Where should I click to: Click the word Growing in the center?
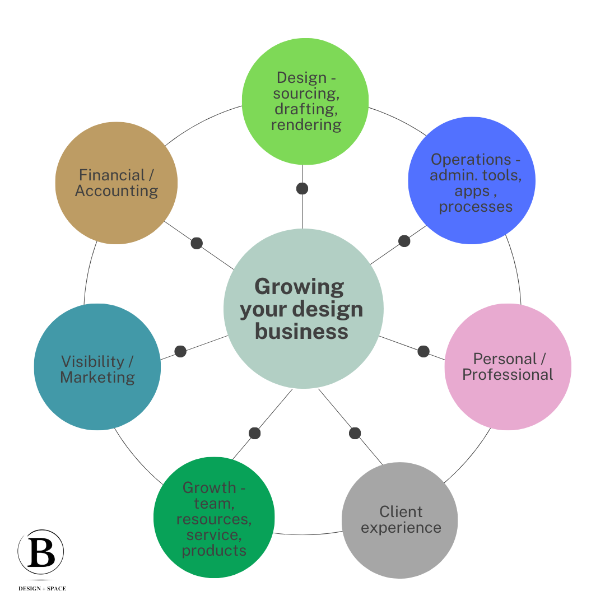click(299, 287)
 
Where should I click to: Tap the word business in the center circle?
click(301, 331)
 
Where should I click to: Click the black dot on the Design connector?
click(302, 188)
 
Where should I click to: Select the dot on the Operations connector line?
click(404, 241)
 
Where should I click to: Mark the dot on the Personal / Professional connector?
click(424, 351)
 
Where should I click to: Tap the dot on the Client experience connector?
click(355, 433)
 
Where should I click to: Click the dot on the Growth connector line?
click(254, 433)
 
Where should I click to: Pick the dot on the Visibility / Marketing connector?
click(180, 351)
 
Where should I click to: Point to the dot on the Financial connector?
click(197, 243)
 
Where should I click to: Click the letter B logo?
click(41, 552)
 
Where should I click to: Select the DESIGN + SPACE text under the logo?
click(43, 589)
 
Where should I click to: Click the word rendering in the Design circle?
click(306, 124)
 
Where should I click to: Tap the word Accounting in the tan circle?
click(117, 191)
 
